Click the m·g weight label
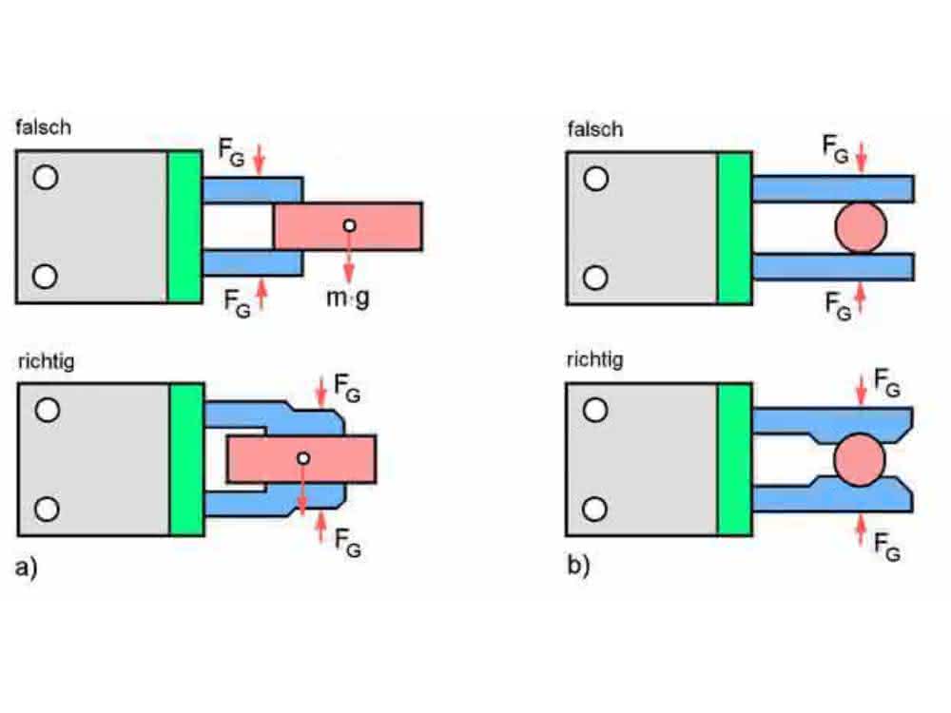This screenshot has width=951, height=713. (347, 298)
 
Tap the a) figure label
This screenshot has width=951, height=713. (26, 567)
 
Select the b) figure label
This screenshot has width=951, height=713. (578, 565)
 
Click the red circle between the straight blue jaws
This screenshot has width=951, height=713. (861, 227)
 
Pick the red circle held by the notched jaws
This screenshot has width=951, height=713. (860, 459)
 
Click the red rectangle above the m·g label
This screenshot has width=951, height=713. (348, 226)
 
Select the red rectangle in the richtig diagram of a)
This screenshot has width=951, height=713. (301, 459)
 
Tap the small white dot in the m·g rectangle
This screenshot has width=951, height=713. (349, 225)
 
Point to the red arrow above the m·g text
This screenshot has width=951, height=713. (349, 258)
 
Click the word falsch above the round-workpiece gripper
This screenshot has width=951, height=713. (595, 129)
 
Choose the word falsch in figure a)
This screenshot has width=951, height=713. (43, 127)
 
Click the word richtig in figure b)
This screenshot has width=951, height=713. (594, 360)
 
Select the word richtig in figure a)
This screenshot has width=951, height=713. (46, 362)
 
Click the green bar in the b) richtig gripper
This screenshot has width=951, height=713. (734, 459)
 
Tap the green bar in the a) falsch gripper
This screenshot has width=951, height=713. (185, 227)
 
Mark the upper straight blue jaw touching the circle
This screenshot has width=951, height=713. (833, 188)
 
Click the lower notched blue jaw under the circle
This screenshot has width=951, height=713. (833, 494)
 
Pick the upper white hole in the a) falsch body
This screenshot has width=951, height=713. (46, 178)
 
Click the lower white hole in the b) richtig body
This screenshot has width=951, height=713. (594, 510)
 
